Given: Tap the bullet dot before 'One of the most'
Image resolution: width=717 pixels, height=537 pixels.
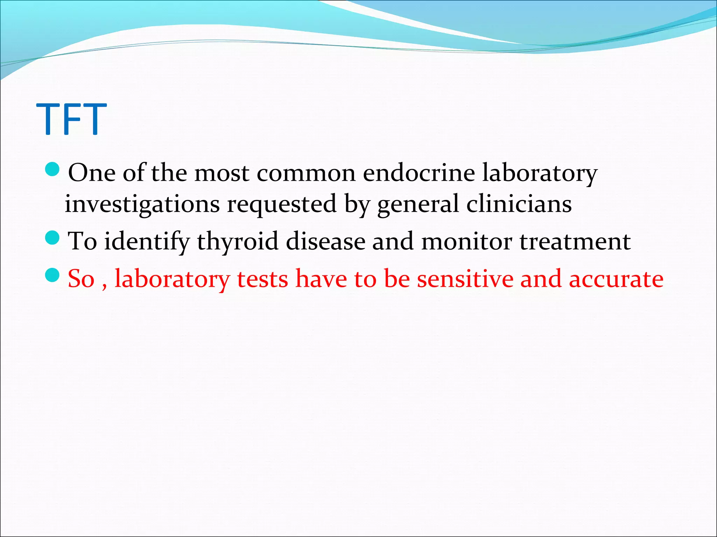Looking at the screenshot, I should pyautogui.click(x=53, y=169).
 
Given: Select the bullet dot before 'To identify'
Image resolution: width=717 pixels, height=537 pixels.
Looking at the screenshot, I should pyautogui.click(x=53, y=238).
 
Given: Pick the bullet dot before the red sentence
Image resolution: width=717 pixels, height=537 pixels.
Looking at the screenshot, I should pyautogui.click(x=53, y=275).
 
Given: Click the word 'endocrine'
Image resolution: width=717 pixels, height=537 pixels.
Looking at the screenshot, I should pyautogui.click(x=419, y=173).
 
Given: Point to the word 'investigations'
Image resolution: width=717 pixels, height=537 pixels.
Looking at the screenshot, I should pyautogui.click(x=142, y=205).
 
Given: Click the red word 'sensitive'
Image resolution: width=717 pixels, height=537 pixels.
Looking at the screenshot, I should pyautogui.click(x=465, y=279).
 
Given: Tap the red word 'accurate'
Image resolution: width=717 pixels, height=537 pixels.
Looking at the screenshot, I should pyautogui.click(x=616, y=279).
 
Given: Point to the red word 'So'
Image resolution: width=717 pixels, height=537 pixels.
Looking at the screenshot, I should pyautogui.click(x=81, y=279).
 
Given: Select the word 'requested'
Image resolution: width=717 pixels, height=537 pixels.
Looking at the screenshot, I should pyautogui.click(x=282, y=205).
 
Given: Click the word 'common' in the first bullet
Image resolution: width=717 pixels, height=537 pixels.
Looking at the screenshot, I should pyautogui.click(x=306, y=173).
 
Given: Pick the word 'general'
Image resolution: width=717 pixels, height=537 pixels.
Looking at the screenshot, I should pyautogui.click(x=418, y=205).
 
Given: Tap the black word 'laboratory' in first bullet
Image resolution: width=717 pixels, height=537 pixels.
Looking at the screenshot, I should pyautogui.click(x=540, y=173).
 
